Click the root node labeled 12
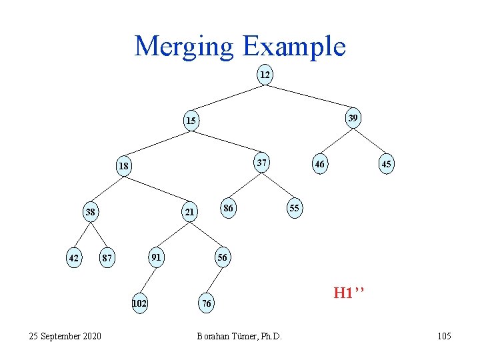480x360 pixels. click(265, 75)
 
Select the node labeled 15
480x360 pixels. click(191, 121)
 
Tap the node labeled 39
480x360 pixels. click(353, 118)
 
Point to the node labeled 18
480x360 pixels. click(123, 165)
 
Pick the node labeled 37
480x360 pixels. click(263, 162)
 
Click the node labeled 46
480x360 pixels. click(320, 164)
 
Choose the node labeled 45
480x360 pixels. click(386, 164)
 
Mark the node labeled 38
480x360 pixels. click(90, 213)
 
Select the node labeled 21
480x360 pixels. click(189, 213)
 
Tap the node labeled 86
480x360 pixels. click(228, 209)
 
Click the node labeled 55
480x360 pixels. click(294, 209)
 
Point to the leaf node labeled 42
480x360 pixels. click(73, 258)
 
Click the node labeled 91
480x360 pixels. click(155, 256)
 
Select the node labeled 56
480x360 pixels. click(222, 257)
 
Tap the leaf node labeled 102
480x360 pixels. click(139, 303)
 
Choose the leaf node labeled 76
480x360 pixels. click(207, 304)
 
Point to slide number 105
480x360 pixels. click(444, 336)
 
